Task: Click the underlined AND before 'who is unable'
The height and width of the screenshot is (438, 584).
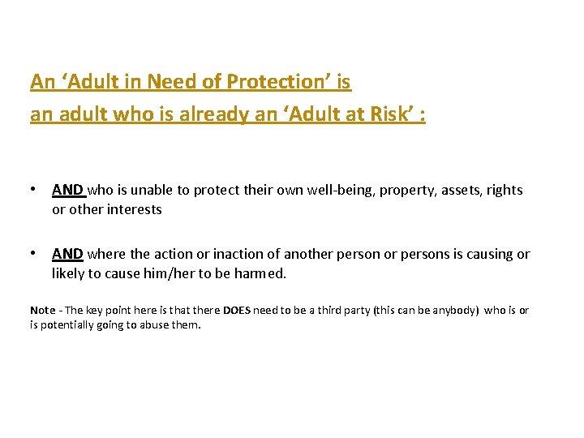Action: pos(67,190)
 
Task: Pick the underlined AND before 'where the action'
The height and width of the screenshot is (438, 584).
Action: pos(67,254)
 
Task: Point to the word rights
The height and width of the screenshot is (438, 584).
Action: pos(505,190)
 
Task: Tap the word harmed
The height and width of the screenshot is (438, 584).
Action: pos(260,273)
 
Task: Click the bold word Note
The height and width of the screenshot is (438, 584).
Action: pos(43,311)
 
